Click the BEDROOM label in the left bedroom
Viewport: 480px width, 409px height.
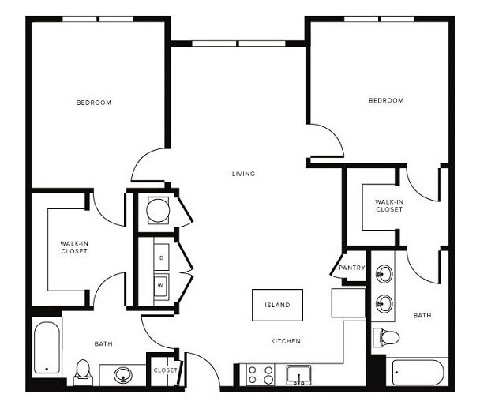[x=93, y=103]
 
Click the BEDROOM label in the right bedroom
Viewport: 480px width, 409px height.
[x=386, y=100]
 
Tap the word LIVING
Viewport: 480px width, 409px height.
[x=243, y=174]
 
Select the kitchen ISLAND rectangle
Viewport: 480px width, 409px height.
[x=276, y=305]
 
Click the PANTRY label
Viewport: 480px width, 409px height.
[x=352, y=268]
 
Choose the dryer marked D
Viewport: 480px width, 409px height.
[x=162, y=257]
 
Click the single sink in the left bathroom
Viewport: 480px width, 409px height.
[x=124, y=374]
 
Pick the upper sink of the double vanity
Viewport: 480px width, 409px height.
[x=384, y=275]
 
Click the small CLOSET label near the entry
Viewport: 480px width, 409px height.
[x=165, y=370]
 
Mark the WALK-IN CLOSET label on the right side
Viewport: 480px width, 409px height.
[x=389, y=205]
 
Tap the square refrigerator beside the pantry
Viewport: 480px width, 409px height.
[x=348, y=302]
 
